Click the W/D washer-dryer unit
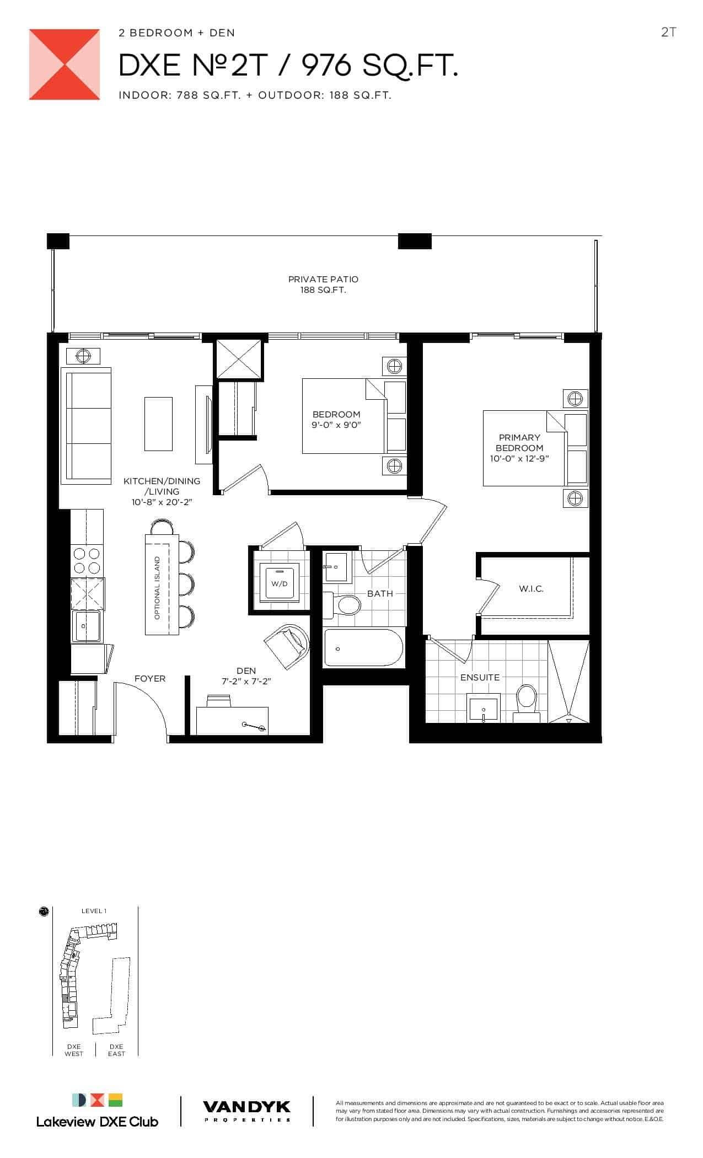pos(280,581)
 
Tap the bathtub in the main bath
pos(363,648)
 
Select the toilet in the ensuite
pos(527,703)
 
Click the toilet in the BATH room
pos(342,605)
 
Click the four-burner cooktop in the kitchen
pos(87,561)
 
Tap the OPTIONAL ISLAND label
pos(157,588)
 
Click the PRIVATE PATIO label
pos(323,280)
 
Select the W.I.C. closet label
pos(531,589)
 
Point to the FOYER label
pos(150,678)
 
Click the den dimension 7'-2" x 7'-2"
pos(246,682)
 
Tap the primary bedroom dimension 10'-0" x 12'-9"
pos(519,459)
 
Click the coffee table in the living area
pos(158,423)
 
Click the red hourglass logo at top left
pos(65,65)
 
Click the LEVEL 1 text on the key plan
pos(94,911)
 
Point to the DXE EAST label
pos(116,1050)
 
